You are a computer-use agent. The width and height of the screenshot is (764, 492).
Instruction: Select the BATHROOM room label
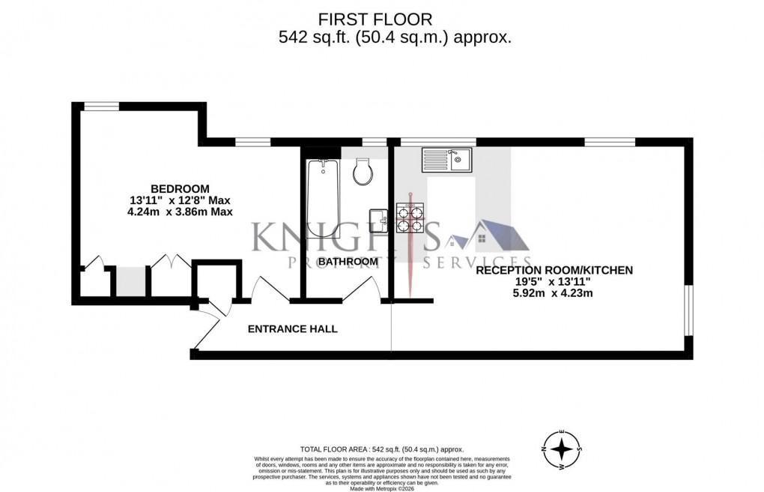click(348, 262)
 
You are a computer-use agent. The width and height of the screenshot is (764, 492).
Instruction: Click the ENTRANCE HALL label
click(292, 328)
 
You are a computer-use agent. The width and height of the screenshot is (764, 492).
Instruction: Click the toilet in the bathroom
click(363, 172)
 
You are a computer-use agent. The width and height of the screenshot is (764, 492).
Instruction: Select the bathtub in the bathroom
click(323, 198)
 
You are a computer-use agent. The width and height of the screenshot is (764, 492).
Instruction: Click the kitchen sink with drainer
click(446, 159)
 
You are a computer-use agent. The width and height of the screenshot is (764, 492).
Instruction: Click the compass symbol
click(562, 450)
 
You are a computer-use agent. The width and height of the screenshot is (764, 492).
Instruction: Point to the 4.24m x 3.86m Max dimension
click(180, 212)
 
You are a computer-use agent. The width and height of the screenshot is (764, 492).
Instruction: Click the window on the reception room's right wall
click(688, 309)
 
